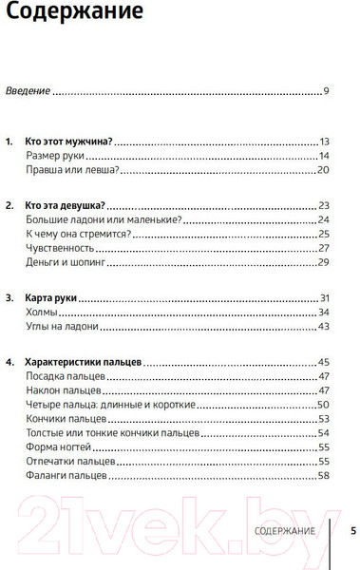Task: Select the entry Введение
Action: pos(27,91)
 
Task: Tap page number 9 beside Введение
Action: pos(324,91)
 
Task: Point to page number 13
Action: pos(323,141)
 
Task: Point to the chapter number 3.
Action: pos(9,297)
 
